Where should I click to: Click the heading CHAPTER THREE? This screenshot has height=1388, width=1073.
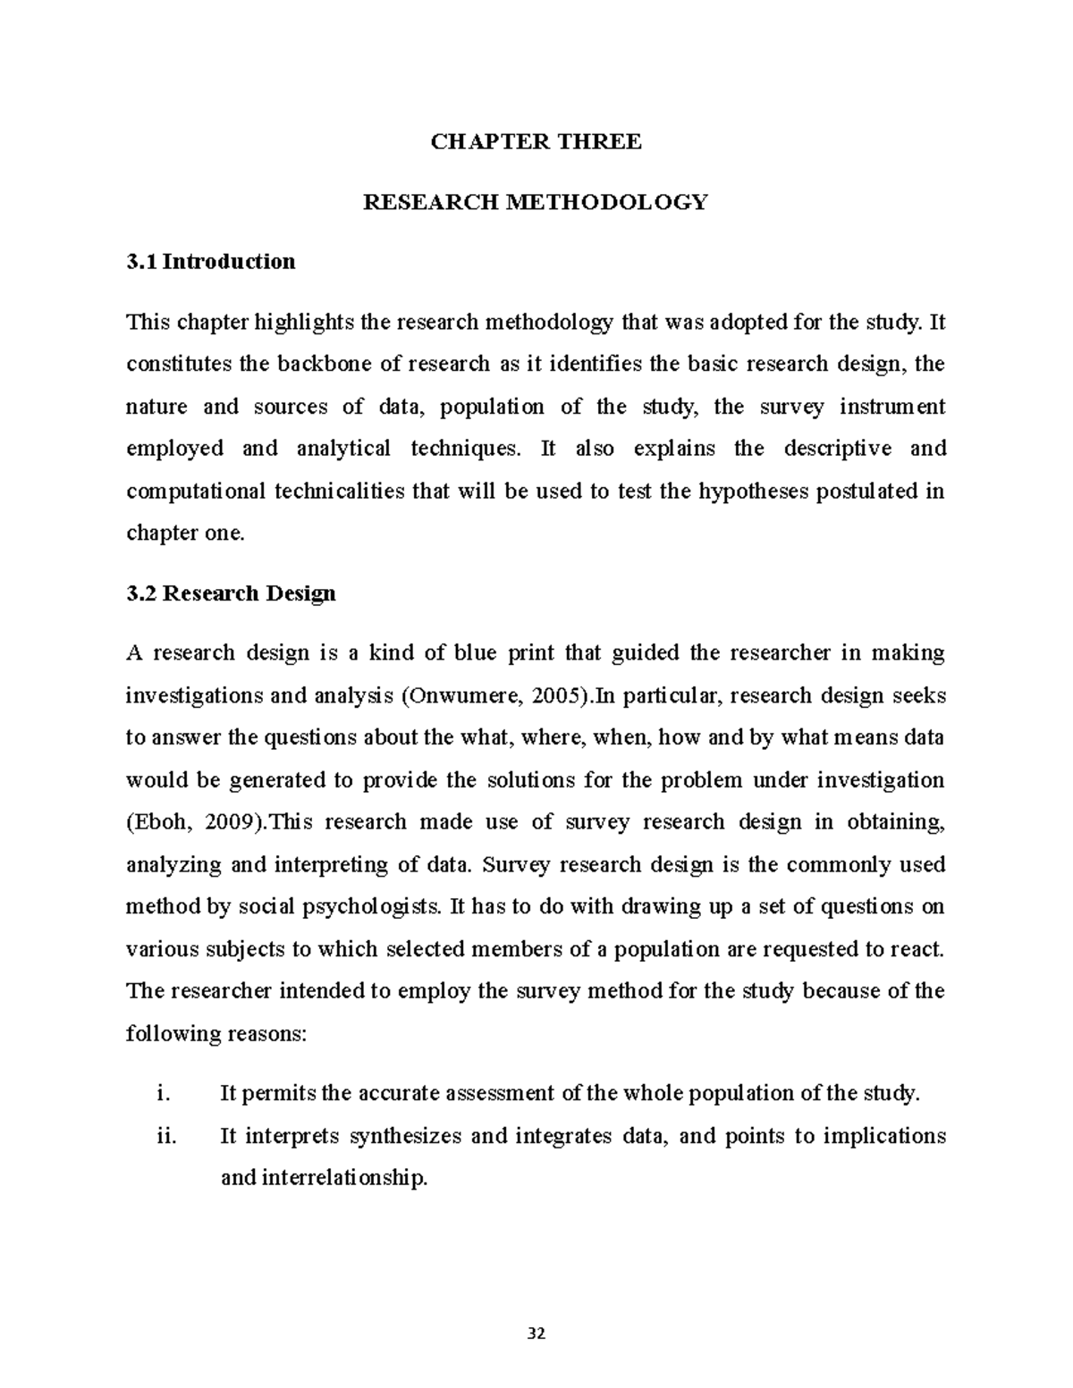click(536, 142)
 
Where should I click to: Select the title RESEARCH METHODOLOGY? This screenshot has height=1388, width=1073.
click(535, 202)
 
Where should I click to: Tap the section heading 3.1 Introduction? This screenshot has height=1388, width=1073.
click(211, 262)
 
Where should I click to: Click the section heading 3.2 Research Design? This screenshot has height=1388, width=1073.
click(232, 593)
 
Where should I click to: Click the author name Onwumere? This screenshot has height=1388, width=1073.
click(462, 695)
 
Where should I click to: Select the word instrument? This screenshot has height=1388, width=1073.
click(891, 407)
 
